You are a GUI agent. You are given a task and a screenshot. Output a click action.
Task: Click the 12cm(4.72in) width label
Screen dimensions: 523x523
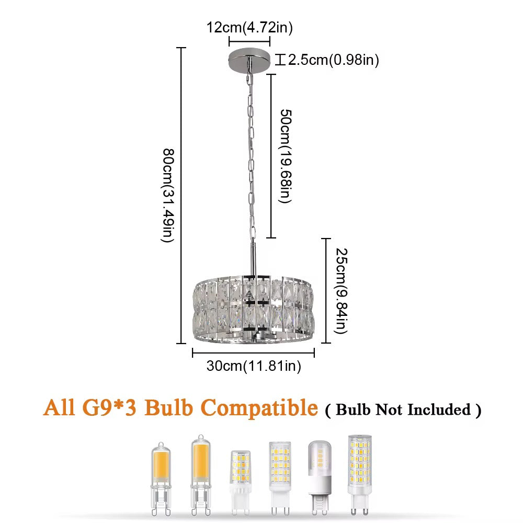(249, 27)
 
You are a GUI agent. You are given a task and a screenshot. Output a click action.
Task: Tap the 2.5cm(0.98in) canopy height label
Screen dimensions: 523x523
(333, 60)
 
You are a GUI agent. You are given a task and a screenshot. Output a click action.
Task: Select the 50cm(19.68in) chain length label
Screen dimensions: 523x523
(286, 156)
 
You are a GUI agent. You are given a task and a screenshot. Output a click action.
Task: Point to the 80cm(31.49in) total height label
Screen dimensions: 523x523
(168, 196)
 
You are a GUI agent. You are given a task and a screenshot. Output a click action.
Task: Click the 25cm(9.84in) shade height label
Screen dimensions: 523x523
(341, 291)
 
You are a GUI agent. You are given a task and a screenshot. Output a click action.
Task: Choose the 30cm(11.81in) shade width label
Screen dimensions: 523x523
(254, 366)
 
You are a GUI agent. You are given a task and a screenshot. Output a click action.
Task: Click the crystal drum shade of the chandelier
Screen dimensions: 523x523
(254, 309)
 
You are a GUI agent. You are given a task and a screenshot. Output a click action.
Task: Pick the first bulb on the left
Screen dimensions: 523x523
(161, 479)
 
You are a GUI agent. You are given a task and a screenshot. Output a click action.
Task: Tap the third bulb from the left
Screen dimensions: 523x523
(241, 482)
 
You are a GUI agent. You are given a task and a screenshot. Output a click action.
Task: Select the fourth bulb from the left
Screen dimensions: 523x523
(280, 479)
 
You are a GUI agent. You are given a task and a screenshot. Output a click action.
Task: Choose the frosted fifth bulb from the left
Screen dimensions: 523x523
(320, 477)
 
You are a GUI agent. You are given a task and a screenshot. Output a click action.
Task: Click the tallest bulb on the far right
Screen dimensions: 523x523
(360, 475)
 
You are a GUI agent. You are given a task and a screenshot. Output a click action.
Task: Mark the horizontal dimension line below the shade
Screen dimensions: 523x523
(254, 353)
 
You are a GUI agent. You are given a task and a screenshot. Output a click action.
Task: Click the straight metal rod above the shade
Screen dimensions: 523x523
(254, 257)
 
